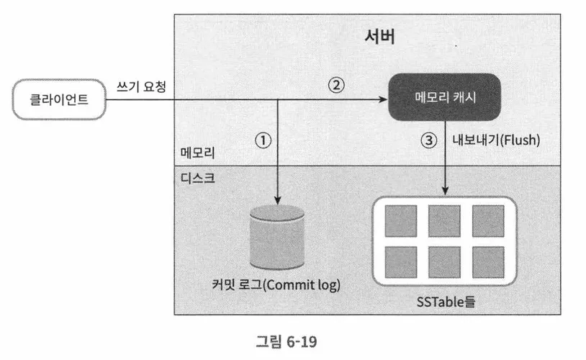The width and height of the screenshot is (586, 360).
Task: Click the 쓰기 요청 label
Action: (x=142, y=86)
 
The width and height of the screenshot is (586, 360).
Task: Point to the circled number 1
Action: (x=263, y=141)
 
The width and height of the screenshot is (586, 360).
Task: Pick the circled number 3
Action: (x=430, y=141)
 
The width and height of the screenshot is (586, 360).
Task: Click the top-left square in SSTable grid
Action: (x=400, y=221)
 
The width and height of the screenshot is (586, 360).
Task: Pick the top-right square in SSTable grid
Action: (x=487, y=221)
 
